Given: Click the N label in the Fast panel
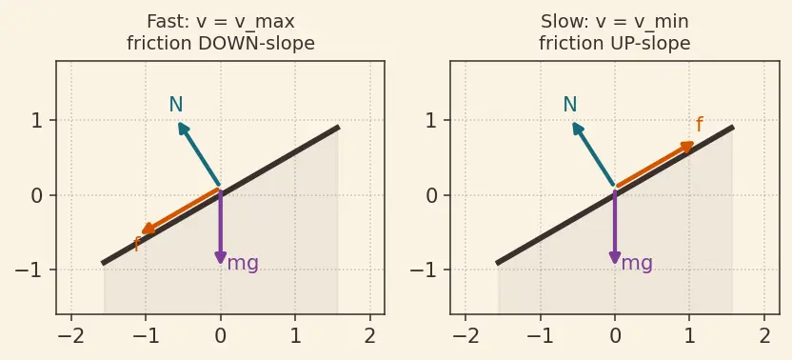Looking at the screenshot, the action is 176,105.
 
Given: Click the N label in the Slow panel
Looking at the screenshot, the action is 570,105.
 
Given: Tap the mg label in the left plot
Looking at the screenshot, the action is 243,264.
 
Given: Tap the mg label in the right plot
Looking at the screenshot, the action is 637,264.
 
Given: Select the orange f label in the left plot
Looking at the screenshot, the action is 136,244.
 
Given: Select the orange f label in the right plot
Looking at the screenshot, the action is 700,125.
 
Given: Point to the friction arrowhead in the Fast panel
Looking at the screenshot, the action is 148,229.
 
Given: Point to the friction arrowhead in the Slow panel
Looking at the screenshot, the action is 687,146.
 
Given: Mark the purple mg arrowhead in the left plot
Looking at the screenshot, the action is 221,257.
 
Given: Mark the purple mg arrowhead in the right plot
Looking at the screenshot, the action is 615,257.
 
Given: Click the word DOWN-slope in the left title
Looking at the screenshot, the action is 257,44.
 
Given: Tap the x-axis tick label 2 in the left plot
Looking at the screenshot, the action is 370,336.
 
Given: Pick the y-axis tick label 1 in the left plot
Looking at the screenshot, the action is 37,121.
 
